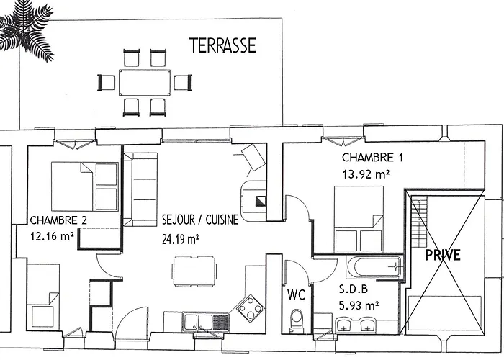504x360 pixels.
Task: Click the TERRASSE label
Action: point(222,46)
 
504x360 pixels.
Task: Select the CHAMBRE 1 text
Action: point(368,158)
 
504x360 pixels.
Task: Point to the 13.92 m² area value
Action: point(366,174)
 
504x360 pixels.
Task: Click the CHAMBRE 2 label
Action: point(59,220)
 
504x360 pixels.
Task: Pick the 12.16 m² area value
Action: point(53,235)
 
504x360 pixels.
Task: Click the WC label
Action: point(296,294)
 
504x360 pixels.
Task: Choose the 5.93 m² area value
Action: point(358,305)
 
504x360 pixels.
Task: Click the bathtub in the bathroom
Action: point(374,266)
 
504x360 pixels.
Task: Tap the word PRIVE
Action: point(443,255)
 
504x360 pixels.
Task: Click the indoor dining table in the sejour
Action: point(194,272)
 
